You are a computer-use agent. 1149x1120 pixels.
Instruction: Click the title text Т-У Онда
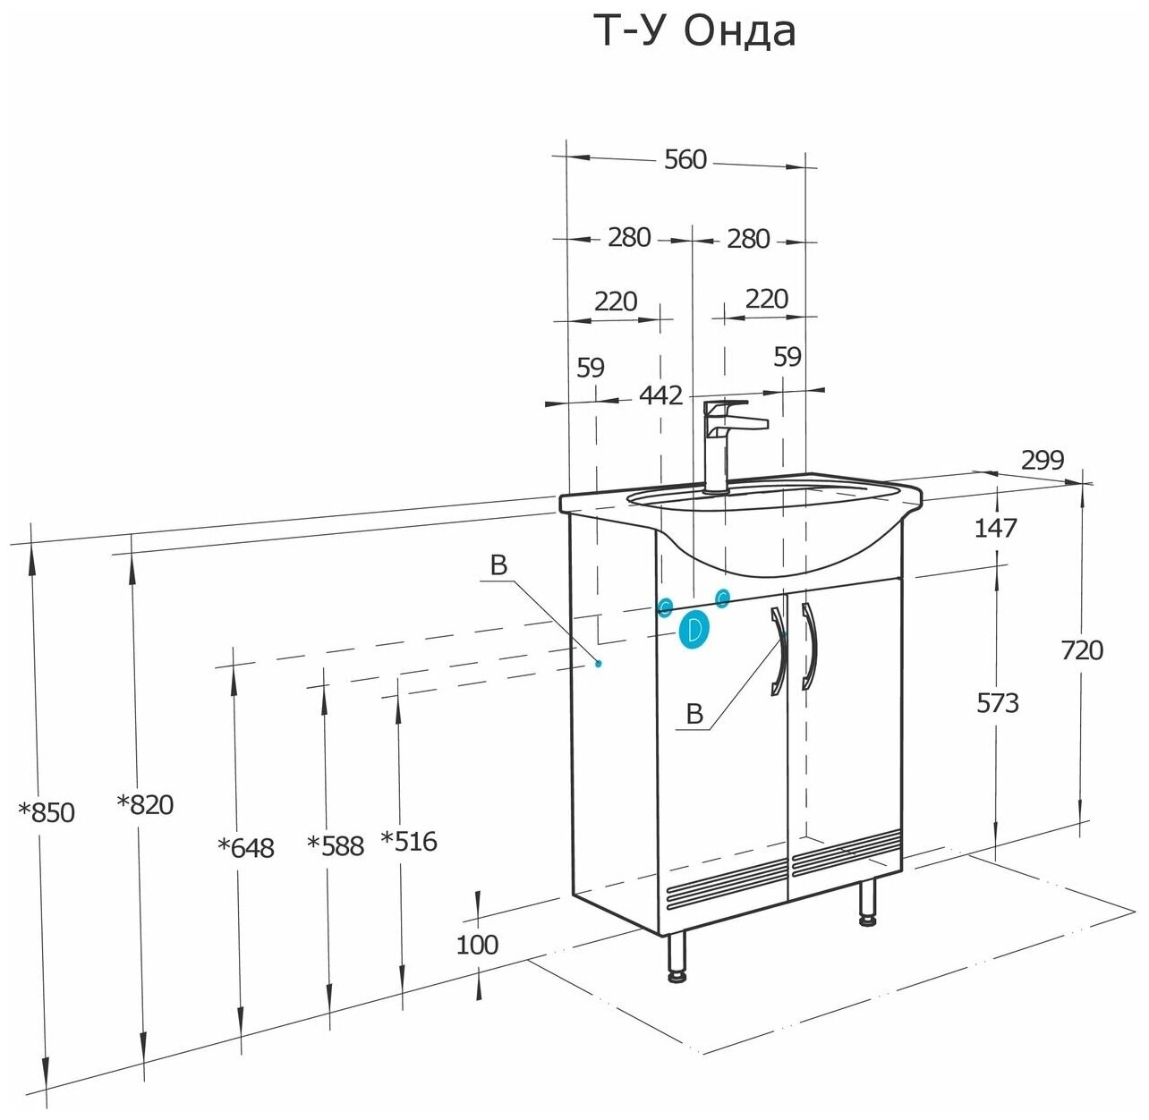(694, 32)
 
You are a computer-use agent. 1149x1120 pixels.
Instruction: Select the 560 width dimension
(685, 160)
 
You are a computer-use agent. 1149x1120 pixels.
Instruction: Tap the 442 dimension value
(660, 395)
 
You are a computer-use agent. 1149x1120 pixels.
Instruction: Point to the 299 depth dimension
(1043, 460)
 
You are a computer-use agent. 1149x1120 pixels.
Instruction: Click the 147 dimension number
(996, 528)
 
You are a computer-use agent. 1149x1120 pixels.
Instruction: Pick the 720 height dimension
(1082, 650)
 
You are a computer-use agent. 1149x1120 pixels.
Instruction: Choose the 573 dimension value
(997, 703)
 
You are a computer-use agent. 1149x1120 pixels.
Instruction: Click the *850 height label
(47, 813)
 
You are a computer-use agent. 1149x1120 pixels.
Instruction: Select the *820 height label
(145, 805)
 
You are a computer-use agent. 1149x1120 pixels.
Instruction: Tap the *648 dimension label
(246, 847)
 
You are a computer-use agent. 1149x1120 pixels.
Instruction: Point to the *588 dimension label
(336, 845)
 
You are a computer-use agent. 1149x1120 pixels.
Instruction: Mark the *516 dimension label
(409, 841)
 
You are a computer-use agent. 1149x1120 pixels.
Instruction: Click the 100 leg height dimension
(477, 945)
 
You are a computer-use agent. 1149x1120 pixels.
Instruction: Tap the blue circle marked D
(694, 630)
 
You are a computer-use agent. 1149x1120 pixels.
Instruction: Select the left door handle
(778, 649)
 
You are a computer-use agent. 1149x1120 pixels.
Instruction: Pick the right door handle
(810, 646)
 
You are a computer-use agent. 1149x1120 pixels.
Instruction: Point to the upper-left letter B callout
(498, 565)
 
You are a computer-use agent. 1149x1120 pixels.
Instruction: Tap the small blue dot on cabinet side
(598, 663)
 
